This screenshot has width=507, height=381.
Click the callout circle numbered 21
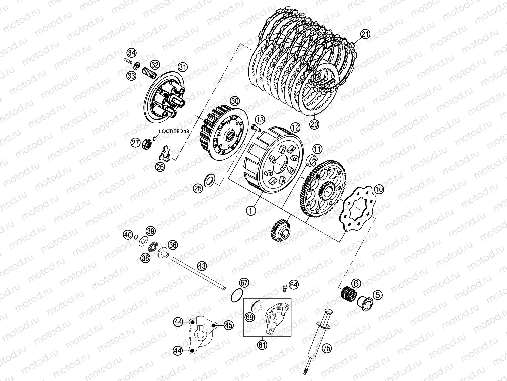pyautogui.click(x=365, y=34)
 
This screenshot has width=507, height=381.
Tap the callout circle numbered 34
pyautogui.click(x=131, y=53)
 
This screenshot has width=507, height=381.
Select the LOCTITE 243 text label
pyautogui.click(x=174, y=131)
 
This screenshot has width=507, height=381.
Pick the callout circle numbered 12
pyautogui.click(x=295, y=128)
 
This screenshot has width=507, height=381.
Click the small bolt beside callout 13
pyautogui.click(x=256, y=128)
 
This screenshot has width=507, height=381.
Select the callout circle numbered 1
pyautogui.click(x=251, y=211)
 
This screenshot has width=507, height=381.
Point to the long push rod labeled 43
pyautogui.click(x=198, y=272)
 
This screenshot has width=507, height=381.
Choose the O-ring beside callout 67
pyautogui.click(x=237, y=294)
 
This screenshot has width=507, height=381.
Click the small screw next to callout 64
pyautogui.click(x=284, y=288)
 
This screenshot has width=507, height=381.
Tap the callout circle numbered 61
pyautogui.click(x=262, y=345)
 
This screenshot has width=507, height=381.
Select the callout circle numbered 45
pyautogui.click(x=229, y=325)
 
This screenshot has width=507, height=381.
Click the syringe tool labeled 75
pyautogui.click(x=319, y=340)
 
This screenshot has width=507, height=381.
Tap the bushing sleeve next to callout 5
pyautogui.click(x=365, y=303)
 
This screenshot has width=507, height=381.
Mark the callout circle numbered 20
pyautogui.click(x=314, y=124)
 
